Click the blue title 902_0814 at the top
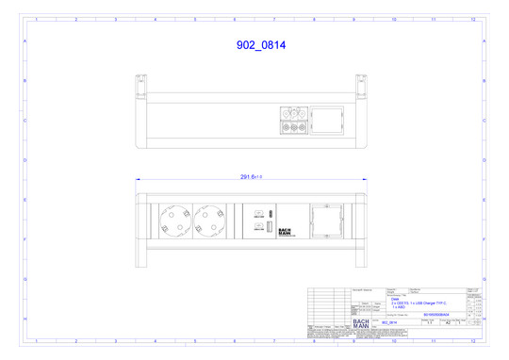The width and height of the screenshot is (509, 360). click(260, 44)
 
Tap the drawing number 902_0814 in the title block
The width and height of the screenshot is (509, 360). click(390, 322)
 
